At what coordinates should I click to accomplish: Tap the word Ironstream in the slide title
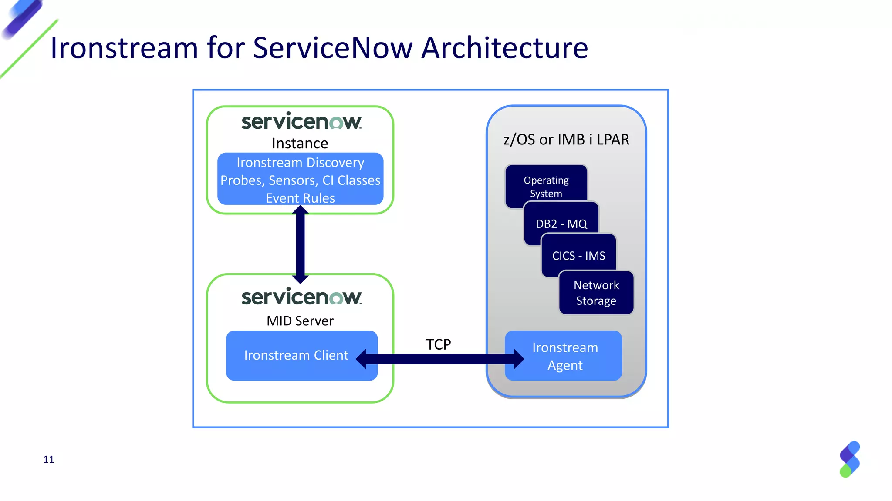tap(124, 48)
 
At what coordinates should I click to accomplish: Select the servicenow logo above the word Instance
tap(301, 121)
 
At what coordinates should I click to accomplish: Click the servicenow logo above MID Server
tap(301, 297)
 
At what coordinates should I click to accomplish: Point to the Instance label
tap(300, 144)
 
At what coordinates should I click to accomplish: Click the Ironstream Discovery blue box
tap(300, 178)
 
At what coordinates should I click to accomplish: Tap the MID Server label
tap(300, 321)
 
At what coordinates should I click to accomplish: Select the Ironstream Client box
tap(296, 355)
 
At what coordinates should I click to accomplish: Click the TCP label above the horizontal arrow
tap(438, 344)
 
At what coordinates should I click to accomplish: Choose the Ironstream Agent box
tap(565, 356)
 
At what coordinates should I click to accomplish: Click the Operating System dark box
tap(546, 186)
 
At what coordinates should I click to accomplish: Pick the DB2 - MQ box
tap(561, 224)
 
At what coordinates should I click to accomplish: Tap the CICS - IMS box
tap(578, 256)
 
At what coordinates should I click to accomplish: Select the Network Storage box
tap(596, 293)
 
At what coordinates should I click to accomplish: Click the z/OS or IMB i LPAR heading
tap(566, 140)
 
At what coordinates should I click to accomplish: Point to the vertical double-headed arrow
tap(300, 244)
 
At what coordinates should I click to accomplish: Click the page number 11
tap(49, 460)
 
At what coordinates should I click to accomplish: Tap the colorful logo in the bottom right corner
tap(850, 459)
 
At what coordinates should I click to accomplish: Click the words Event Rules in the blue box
tap(300, 198)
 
